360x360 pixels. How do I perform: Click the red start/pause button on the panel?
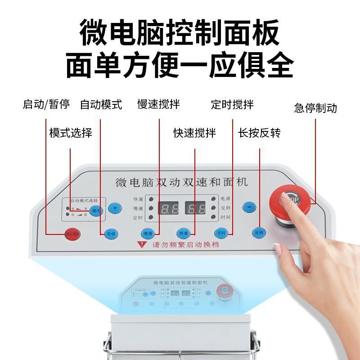pos(72,234)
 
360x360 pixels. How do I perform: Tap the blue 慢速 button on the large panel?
pos(148,233)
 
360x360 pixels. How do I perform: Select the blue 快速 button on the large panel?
pos(184,233)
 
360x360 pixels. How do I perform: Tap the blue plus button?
pos(115,208)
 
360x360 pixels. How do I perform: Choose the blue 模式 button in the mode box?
pos(96,210)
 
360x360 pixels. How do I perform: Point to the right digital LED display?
pos(196,208)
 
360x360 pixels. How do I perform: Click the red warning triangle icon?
pos(142,245)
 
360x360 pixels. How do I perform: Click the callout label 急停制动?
pos(315,108)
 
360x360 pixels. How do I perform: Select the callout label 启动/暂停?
pos(46,105)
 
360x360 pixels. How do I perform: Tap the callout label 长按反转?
pos(259,133)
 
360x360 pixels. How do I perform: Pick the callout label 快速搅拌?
pos(195,133)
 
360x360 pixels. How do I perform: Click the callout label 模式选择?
pos(71,133)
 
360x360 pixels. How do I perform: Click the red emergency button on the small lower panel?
pos(223,291)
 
